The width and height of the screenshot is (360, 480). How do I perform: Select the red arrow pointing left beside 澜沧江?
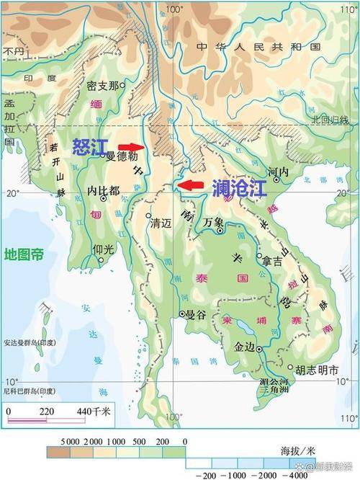coord(190,185)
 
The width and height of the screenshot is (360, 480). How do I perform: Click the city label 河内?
coord(278,173)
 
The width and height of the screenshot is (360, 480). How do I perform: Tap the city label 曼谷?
coord(196,314)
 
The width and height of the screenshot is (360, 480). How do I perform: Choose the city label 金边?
coord(245,346)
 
